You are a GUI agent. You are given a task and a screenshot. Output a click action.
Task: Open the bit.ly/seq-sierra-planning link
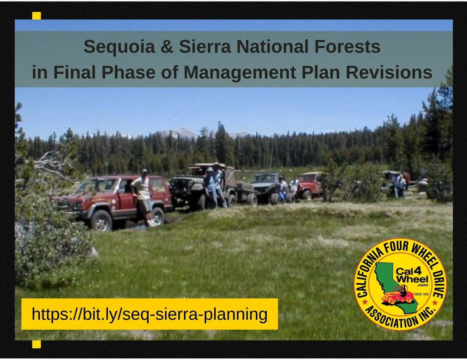pyautogui.click(x=149, y=314)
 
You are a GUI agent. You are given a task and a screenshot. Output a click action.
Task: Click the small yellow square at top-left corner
pyautogui.click(x=37, y=16)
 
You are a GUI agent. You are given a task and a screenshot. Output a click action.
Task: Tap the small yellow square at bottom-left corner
pyautogui.click(x=37, y=344)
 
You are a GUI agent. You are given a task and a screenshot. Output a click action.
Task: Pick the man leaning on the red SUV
pyautogui.click(x=142, y=197)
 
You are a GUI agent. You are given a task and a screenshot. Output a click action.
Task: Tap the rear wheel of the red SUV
pyautogui.click(x=158, y=215)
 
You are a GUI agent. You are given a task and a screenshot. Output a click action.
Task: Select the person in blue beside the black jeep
pyautogui.click(x=211, y=187)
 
